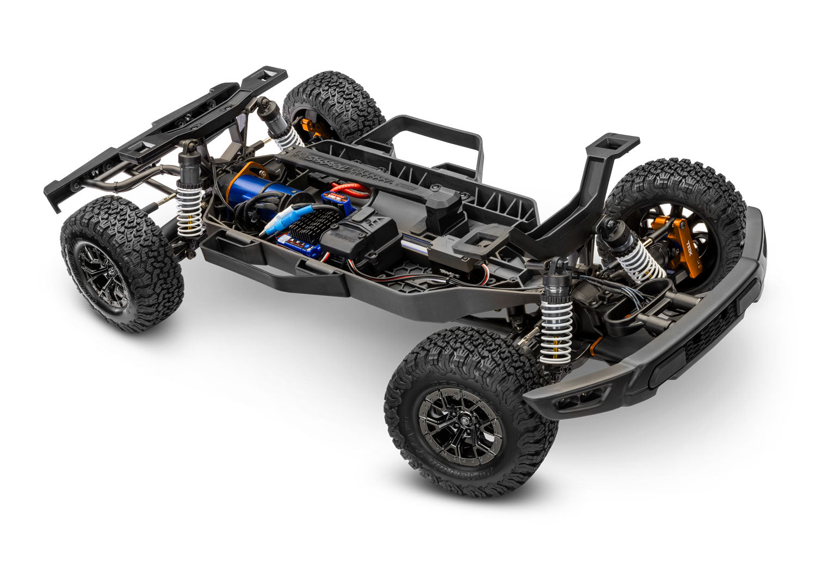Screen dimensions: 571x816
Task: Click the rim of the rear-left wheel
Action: coord(103,275)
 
